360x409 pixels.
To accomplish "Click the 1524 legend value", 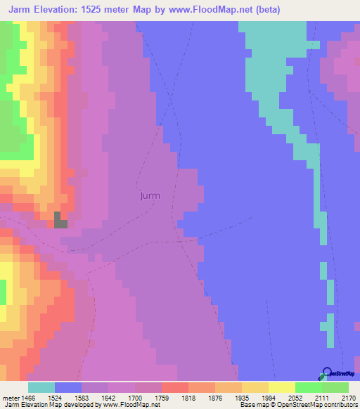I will [55, 398].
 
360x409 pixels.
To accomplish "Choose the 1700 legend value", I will [135, 398].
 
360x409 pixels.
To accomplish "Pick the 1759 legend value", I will [162, 398].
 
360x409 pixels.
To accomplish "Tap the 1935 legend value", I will [242, 398].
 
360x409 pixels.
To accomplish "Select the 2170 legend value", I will [349, 398].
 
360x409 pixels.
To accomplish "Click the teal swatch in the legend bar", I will [41, 387].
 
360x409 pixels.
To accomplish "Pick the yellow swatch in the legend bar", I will [282, 387].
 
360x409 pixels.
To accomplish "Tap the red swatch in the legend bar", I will [175, 387].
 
